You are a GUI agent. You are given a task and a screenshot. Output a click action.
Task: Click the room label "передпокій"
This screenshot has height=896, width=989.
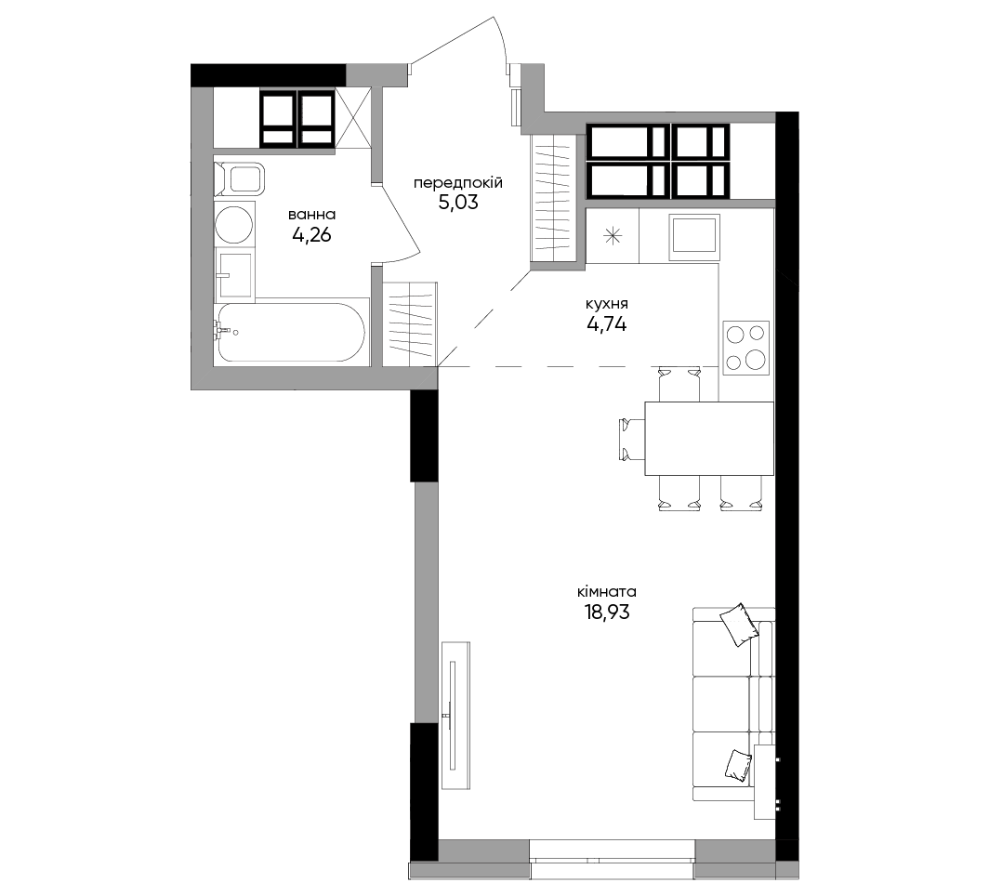[x=458, y=183]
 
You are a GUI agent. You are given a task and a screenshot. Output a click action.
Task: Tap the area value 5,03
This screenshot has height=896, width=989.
[x=458, y=203]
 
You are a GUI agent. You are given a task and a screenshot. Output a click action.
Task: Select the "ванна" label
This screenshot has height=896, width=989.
[x=311, y=215]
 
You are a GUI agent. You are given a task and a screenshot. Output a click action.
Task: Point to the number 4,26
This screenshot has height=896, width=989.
[x=311, y=235]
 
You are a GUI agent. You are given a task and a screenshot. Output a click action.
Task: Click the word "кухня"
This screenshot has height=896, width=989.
[x=607, y=305]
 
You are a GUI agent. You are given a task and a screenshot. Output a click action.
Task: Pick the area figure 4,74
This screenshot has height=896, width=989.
[x=607, y=324]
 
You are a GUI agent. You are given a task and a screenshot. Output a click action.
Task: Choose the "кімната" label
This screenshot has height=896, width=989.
[x=607, y=592]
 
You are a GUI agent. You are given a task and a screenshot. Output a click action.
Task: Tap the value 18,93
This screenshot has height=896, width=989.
[x=607, y=612]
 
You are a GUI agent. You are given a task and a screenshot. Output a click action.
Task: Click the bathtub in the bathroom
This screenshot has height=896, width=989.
[x=290, y=333]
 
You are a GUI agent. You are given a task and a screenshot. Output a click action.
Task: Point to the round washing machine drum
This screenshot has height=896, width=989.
[x=234, y=224]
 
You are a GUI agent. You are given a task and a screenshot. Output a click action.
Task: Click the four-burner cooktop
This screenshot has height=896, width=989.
[x=746, y=346]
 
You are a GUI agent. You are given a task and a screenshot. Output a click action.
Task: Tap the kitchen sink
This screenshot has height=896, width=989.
[x=694, y=236]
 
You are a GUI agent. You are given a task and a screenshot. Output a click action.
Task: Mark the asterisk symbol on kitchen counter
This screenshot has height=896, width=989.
[x=613, y=236]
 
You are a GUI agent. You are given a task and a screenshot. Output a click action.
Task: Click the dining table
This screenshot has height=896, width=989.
[x=709, y=438]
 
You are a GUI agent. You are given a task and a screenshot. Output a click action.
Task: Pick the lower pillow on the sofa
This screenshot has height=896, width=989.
[x=739, y=765]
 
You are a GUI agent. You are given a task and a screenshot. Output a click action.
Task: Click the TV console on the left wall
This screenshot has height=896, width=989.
[x=456, y=715]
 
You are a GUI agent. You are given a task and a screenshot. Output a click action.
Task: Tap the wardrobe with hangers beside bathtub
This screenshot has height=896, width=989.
[x=409, y=323]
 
